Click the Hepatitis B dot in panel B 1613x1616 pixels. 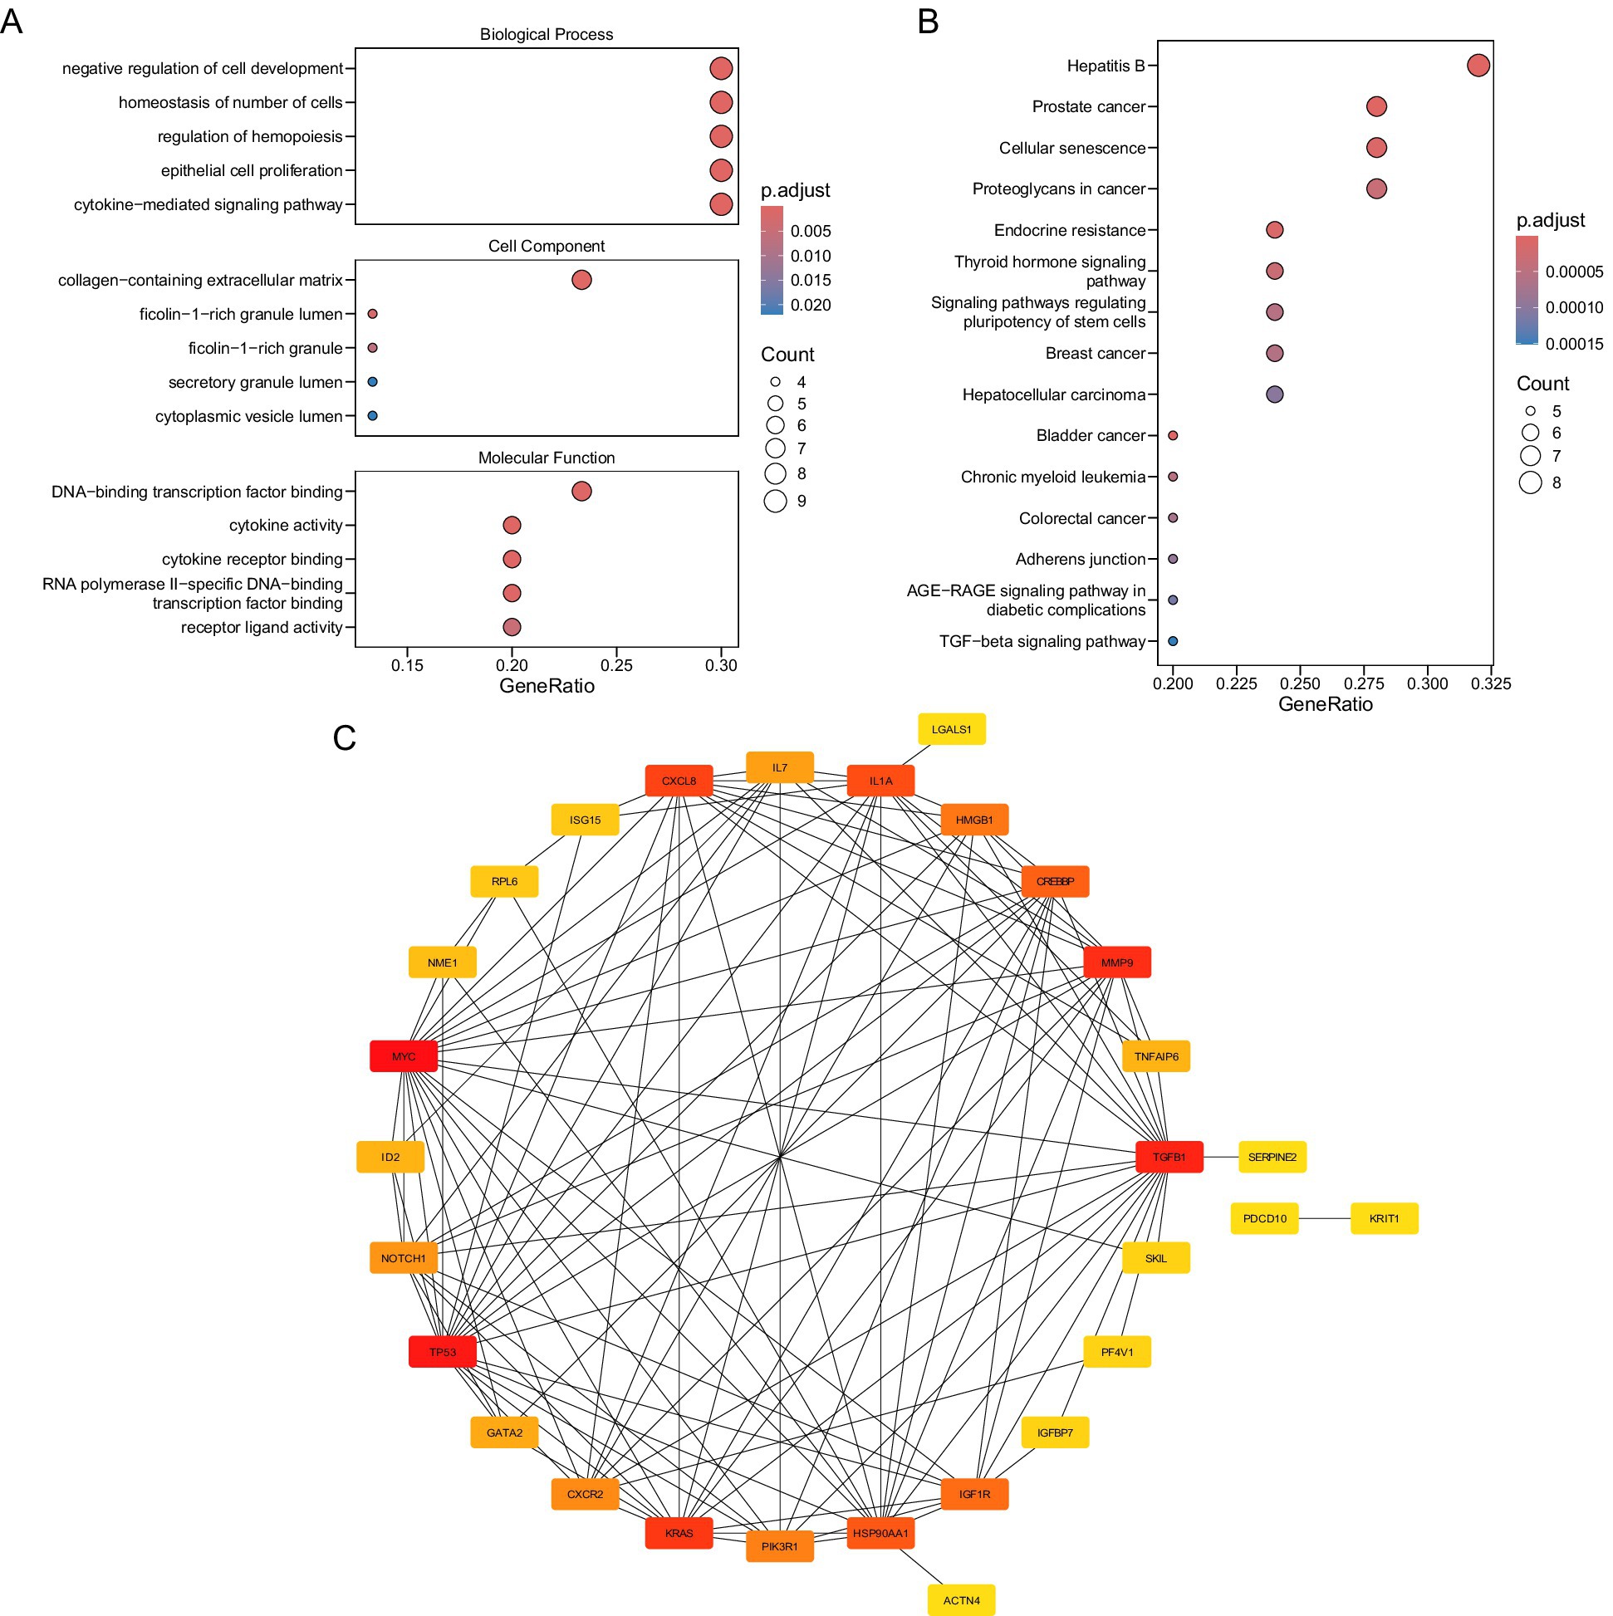click(1478, 66)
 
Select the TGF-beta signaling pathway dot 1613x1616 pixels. click(1172, 642)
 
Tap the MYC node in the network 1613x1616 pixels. click(404, 1056)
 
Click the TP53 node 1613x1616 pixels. click(443, 1352)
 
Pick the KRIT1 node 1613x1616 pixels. click(1384, 1219)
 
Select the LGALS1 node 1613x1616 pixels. click(951, 729)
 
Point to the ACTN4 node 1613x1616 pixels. click(961, 1600)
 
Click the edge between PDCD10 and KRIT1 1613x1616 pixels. click(1324, 1219)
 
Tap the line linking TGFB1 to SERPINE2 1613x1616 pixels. click(1221, 1157)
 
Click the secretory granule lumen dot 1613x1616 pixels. click(372, 381)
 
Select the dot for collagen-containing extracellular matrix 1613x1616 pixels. click(581, 279)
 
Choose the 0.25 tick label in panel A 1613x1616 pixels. click(616, 666)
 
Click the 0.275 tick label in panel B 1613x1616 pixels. click(1364, 684)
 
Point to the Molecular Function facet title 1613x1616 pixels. click(547, 458)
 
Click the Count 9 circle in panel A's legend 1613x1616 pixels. click(776, 501)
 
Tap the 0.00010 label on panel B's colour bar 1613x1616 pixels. click(1574, 308)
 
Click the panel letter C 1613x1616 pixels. click(344, 737)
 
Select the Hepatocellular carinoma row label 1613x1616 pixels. click(1053, 394)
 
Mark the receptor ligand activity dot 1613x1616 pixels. click(512, 626)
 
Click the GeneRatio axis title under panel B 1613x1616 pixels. click(1326, 704)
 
